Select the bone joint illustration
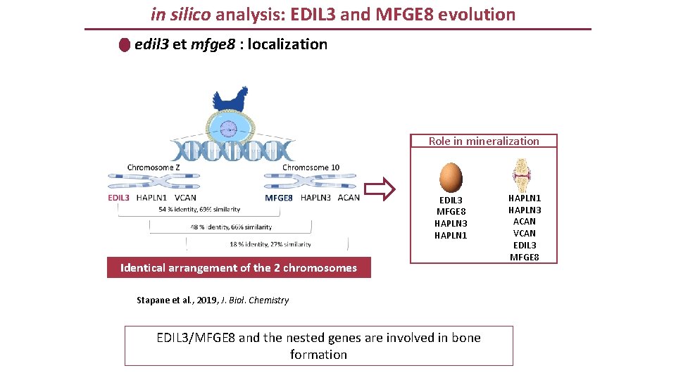[522, 173]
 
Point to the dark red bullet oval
[125, 45]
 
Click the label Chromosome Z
[154, 167]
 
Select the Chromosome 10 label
[311, 167]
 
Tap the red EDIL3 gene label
[119, 198]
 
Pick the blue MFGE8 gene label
[279, 198]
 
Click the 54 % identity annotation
[199, 209]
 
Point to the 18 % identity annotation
[270, 244]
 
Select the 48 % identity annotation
[231, 227]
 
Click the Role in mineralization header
[484, 141]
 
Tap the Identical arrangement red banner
[239, 267]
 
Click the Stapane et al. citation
[212, 300]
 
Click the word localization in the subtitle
[288, 44]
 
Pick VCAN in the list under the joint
[524, 233]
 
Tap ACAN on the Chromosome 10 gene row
[349, 198]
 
